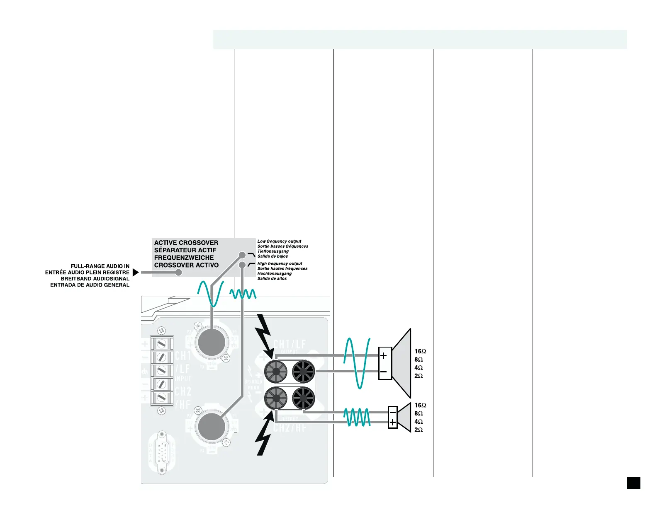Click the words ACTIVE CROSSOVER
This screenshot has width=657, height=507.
coord(186,243)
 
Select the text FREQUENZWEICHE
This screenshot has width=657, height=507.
coord(184,258)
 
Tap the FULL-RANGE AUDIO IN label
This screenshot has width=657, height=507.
coord(100,266)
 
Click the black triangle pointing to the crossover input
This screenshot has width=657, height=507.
coord(135,273)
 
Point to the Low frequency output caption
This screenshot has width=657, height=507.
coord(279,241)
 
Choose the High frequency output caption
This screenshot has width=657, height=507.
coord(280,263)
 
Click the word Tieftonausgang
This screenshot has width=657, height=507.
coord(273,251)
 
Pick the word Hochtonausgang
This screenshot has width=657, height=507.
coord(274,273)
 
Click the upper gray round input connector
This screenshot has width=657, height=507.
coord(212,342)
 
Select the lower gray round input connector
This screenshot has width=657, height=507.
coord(212,427)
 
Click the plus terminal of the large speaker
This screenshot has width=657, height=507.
coord(384,355)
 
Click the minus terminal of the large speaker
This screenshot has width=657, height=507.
coord(384,372)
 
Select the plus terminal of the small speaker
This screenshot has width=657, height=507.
coord(392,423)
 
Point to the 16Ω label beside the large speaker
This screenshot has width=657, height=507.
coord(421,351)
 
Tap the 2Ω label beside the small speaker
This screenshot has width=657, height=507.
coord(419,430)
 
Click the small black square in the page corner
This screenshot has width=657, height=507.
coord(633,483)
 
